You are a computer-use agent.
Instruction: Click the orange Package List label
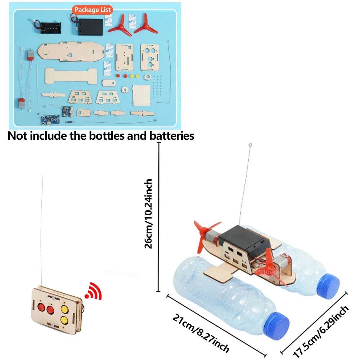tap(92, 10)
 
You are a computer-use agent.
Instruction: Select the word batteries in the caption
tap(170, 136)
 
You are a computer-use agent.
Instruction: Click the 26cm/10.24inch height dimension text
tap(148, 214)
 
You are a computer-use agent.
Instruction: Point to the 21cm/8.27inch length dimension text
tap(201, 333)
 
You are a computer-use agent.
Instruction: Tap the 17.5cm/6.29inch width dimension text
tap(321, 331)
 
